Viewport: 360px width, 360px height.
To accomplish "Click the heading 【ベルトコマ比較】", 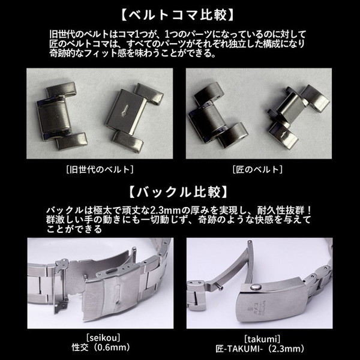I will [180, 13].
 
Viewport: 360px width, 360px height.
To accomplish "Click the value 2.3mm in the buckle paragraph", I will [161, 209].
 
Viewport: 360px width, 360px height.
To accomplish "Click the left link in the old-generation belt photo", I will [61, 118].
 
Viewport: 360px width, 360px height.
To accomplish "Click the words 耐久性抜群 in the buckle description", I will [289, 209].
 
